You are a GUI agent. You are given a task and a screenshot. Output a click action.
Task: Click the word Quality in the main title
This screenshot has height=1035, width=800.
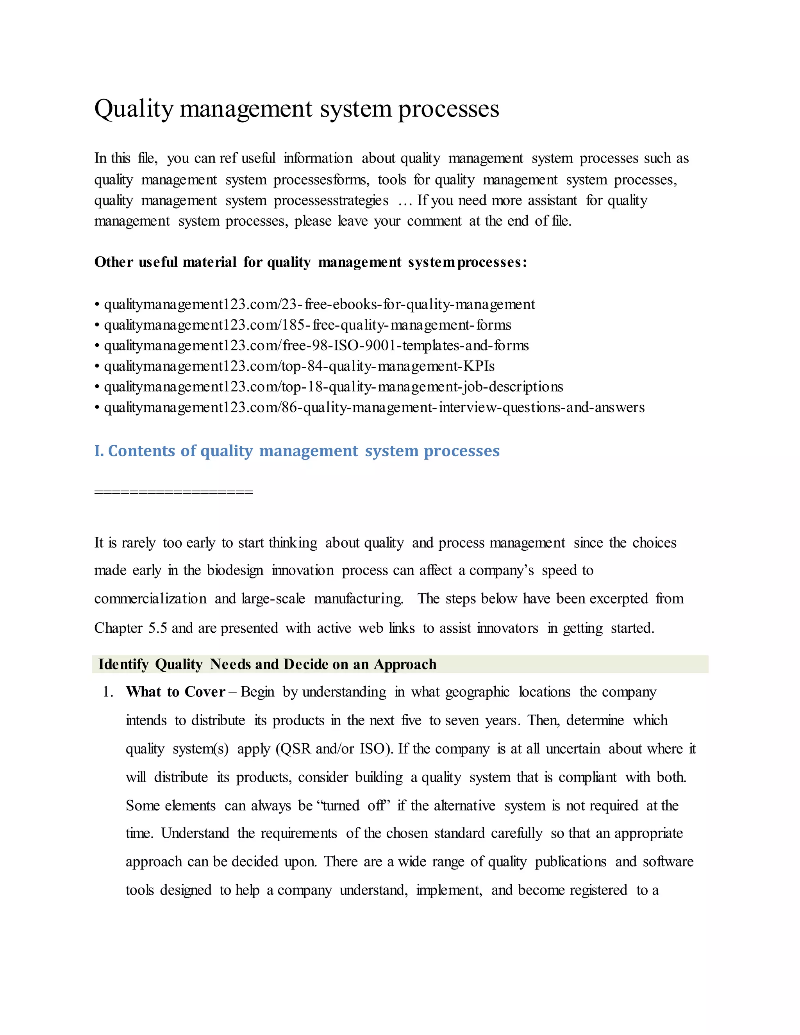(134, 109)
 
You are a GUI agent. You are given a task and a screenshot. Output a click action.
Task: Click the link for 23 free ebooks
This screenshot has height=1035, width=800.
(320, 304)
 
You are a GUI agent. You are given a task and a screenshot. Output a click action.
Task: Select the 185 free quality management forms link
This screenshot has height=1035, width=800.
(307, 325)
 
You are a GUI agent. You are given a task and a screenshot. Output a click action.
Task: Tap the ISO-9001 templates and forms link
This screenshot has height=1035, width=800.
(316, 346)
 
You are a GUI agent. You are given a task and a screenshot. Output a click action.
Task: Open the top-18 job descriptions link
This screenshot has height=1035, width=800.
(333, 387)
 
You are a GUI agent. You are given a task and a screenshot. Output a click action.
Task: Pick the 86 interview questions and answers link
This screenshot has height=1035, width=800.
(374, 407)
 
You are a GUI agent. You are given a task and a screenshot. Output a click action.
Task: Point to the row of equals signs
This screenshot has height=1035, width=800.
(173, 491)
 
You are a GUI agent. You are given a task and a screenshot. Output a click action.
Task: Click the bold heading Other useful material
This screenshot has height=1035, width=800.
(311, 262)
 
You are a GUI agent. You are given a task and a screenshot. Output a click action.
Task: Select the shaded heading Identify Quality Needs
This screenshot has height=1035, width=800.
(267, 664)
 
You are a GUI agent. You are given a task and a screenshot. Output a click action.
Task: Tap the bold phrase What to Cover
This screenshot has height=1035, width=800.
(175, 692)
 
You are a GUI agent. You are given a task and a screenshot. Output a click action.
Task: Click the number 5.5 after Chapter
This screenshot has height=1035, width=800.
(157, 628)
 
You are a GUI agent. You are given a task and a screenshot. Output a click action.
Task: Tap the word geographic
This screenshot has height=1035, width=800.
(477, 692)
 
